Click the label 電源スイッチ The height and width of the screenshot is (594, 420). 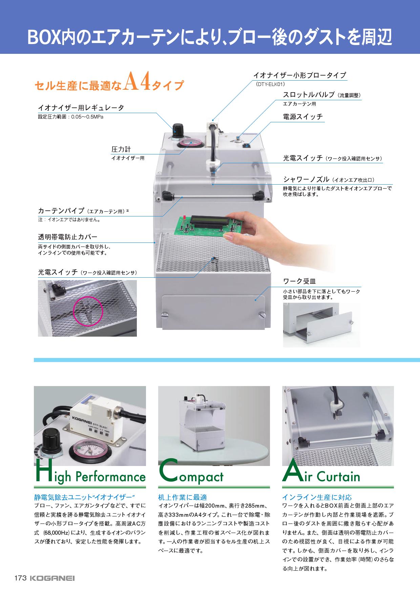[x=303, y=117]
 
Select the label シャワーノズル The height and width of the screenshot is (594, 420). [x=306, y=179]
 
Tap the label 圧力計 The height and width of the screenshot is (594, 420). [x=121, y=149]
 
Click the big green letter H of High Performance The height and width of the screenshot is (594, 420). [x=42, y=471]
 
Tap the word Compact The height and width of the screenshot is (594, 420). [x=191, y=472]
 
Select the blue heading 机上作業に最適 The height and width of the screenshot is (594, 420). [x=182, y=497]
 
